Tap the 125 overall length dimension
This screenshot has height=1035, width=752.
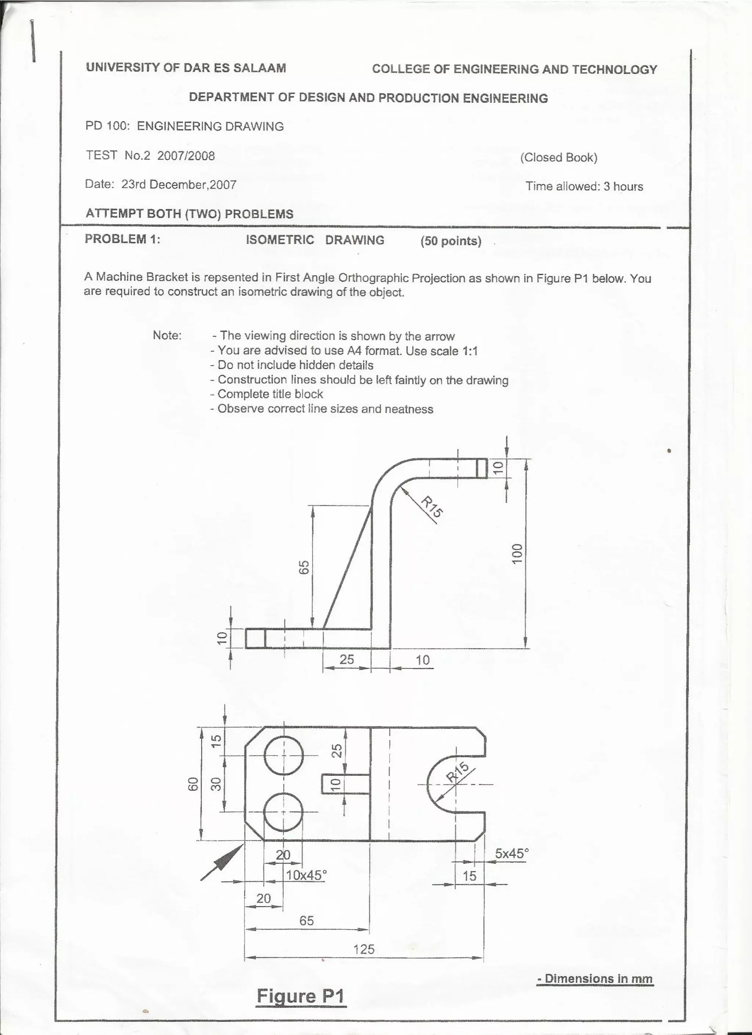364,937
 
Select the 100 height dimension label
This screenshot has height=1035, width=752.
516,553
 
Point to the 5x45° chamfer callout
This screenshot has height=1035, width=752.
511,853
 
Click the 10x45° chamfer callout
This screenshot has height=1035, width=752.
306,875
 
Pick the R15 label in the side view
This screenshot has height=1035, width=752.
431,507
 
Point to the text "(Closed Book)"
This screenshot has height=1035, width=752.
558,158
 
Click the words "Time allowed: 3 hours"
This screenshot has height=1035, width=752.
584,186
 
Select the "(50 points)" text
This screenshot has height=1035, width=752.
451,241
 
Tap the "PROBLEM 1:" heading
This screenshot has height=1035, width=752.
122,239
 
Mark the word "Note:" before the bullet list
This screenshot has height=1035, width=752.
167,335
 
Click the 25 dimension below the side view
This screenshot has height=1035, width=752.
347,659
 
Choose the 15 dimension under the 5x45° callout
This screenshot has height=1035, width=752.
469,876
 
